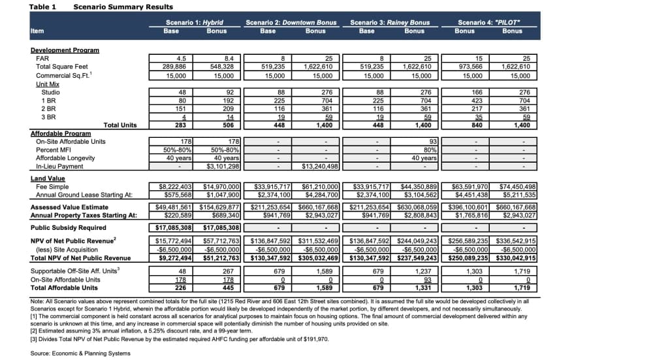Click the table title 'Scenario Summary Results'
coord(123,7)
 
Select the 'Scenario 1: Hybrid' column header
coord(195,22)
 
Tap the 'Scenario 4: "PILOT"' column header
coord(488,22)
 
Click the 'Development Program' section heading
coord(65,50)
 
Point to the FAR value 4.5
coord(181,58)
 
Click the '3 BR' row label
coord(48,117)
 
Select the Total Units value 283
coord(181,125)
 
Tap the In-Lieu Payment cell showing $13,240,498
coord(320,166)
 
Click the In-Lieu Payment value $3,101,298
coord(223,166)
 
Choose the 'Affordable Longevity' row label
coord(65,158)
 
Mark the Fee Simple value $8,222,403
coord(175,187)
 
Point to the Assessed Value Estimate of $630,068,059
coord(417,207)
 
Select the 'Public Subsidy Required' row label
coord(69,227)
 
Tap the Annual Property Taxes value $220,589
coord(179,215)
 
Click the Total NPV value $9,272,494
coord(175,258)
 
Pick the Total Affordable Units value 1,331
coord(423,288)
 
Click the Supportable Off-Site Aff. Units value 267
coord(228,271)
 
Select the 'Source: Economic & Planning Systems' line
coord(80,353)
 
